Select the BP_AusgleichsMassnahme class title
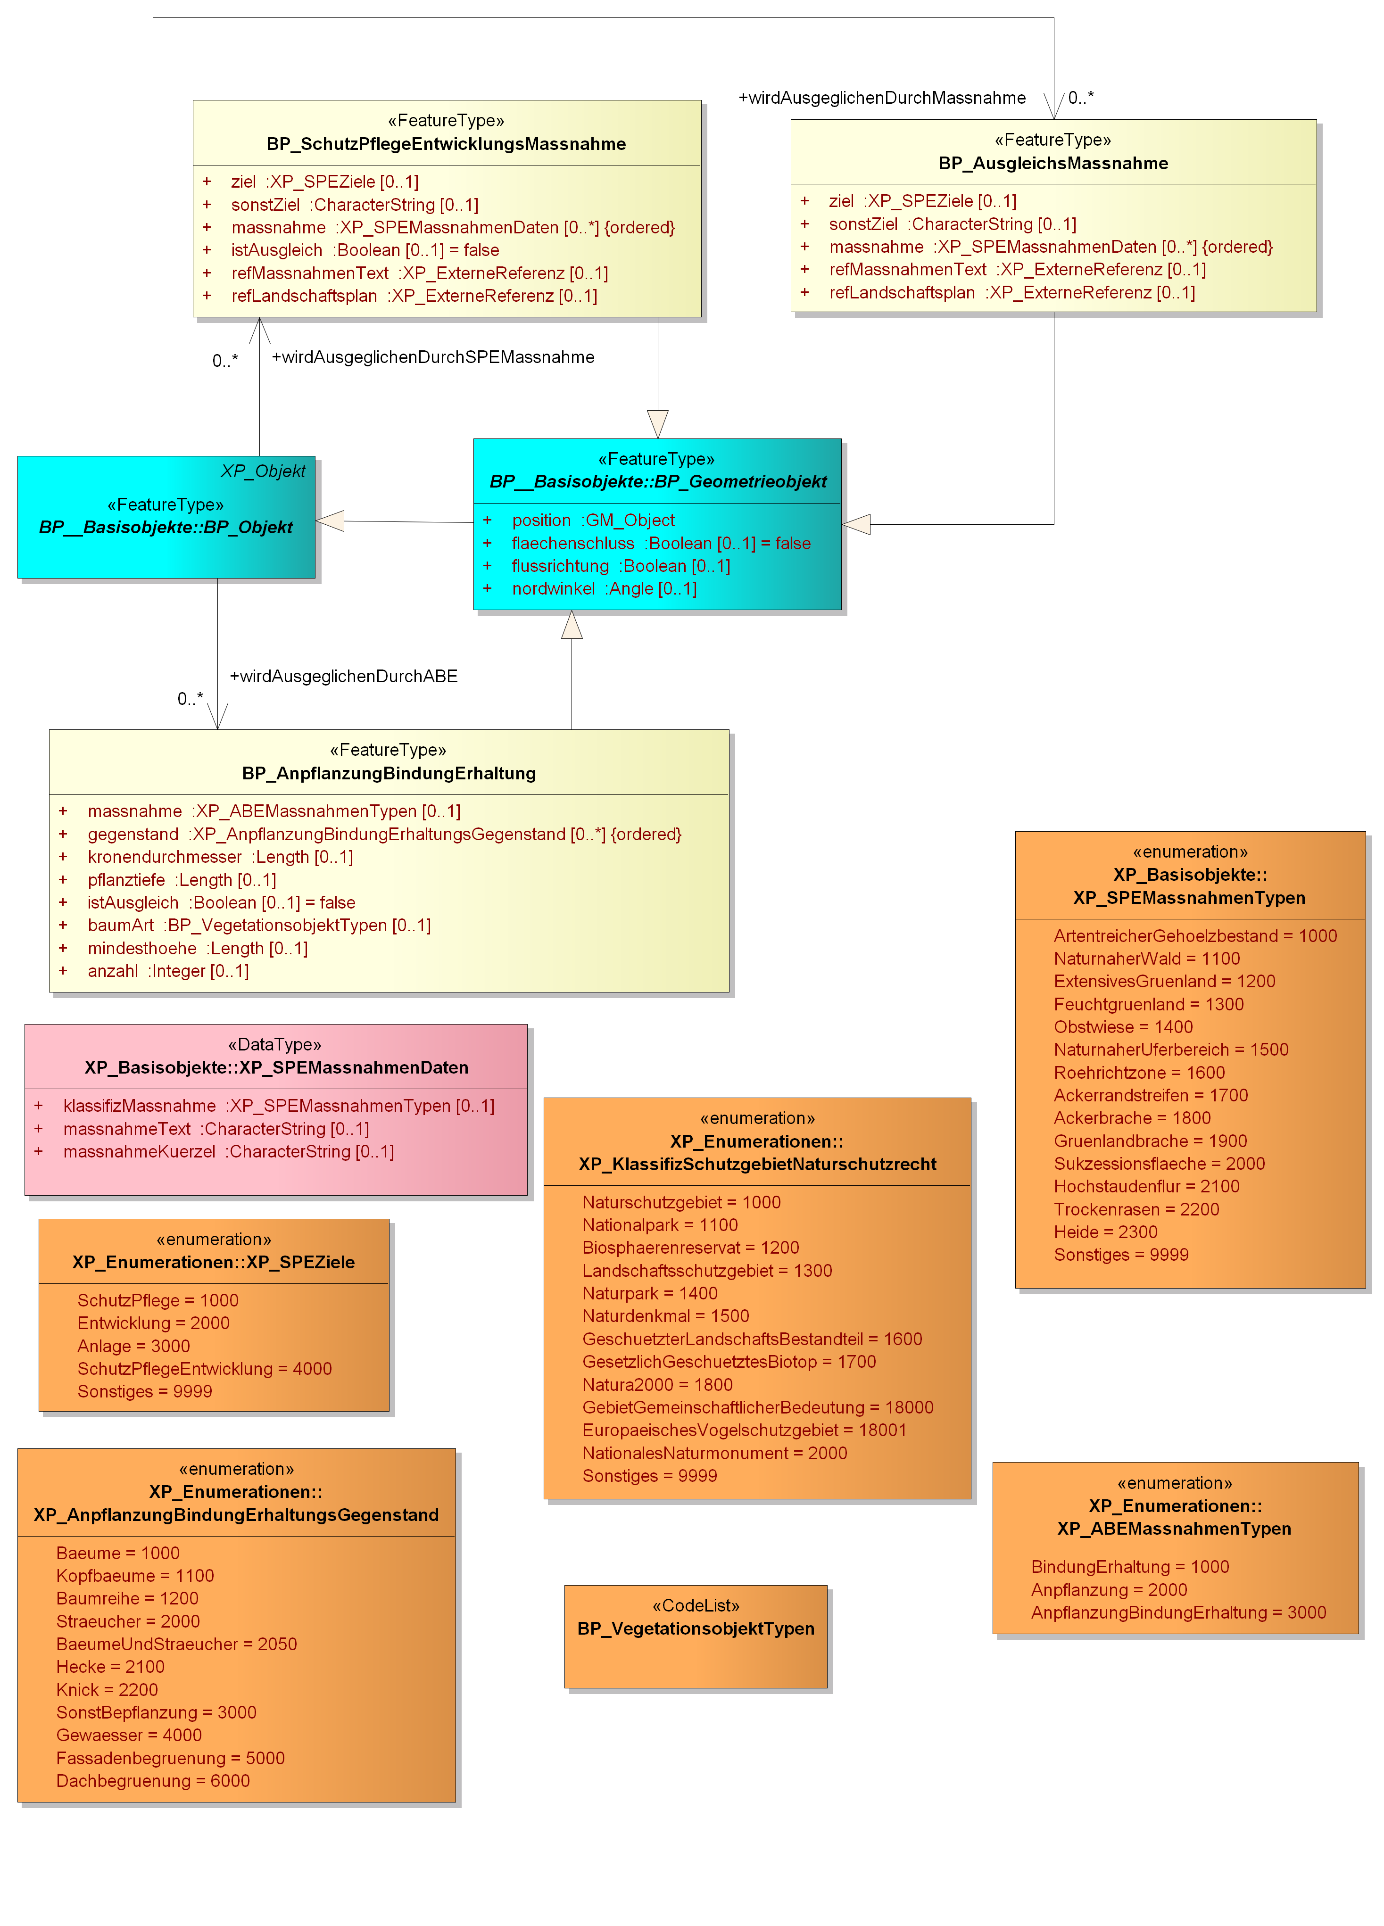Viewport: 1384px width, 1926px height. [x=1053, y=163]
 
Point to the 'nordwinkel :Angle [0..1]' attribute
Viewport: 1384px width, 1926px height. [x=604, y=588]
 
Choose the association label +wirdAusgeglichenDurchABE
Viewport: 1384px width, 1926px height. [x=344, y=676]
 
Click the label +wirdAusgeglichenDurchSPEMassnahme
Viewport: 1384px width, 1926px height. [x=433, y=356]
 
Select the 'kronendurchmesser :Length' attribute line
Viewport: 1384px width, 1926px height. [x=220, y=857]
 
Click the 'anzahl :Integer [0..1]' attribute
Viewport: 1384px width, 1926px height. [x=168, y=971]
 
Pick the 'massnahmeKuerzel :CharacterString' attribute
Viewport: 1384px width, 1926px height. [x=228, y=1151]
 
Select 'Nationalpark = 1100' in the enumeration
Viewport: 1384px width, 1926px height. [x=660, y=1224]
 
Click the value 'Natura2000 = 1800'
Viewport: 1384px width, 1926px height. [x=657, y=1384]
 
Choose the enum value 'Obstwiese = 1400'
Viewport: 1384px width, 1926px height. [x=1123, y=1027]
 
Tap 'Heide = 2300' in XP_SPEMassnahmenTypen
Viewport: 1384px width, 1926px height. [x=1105, y=1232]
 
